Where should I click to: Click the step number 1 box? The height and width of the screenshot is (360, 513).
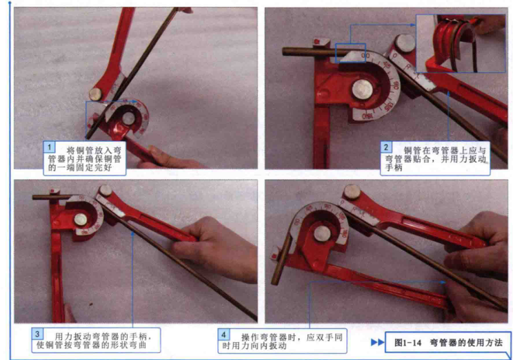[x=50, y=147]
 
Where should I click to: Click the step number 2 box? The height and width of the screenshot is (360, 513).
[x=385, y=147]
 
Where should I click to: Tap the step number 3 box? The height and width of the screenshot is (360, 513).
[x=38, y=335]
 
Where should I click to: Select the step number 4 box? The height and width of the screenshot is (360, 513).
[x=224, y=335]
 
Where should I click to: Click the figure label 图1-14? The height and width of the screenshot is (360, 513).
[x=408, y=342]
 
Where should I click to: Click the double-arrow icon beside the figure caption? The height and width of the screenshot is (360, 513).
[x=378, y=342]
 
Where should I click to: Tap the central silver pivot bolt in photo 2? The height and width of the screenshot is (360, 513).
[x=362, y=89]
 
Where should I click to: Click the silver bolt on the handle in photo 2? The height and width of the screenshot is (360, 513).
[x=405, y=43]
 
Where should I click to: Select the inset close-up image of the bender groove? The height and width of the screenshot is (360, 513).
[x=461, y=43]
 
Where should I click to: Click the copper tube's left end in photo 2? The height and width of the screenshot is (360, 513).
[x=284, y=52]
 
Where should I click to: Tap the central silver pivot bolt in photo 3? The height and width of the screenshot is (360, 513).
[x=81, y=220]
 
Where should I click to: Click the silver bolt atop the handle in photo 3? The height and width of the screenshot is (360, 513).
[x=105, y=191]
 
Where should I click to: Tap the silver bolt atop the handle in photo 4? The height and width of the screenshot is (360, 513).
[x=352, y=192]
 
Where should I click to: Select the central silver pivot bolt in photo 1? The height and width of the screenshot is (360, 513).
[x=128, y=118]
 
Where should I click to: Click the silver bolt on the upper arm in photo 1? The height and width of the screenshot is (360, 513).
[x=96, y=94]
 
